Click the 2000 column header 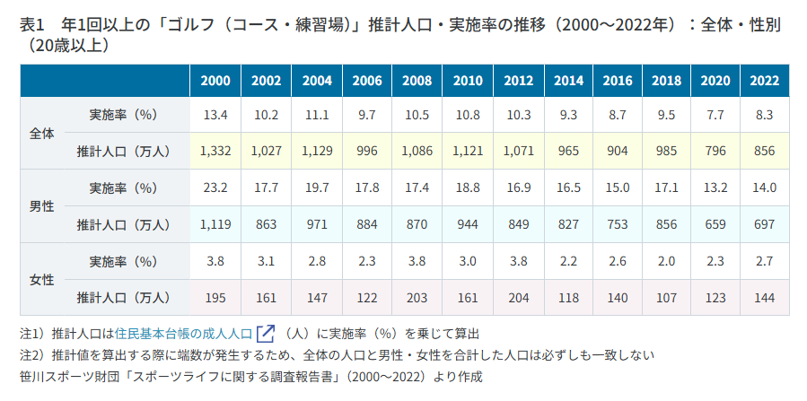click(x=215, y=81)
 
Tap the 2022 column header click(x=764, y=81)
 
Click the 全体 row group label click(x=42, y=133)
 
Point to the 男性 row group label click(x=42, y=205)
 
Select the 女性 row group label click(x=42, y=279)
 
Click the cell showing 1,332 click(x=215, y=151)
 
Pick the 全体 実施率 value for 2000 click(x=215, y=114)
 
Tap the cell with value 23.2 click(x=215, y=187)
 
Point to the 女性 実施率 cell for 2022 click(x=764, y=261)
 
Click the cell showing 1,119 click(x=215, y=224)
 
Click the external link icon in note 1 click(x=265, y=334)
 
